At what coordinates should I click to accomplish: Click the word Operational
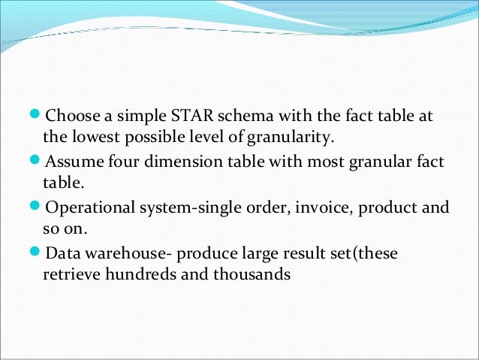tap(91, 207)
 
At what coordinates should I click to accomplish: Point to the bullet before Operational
tap(38, 207)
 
